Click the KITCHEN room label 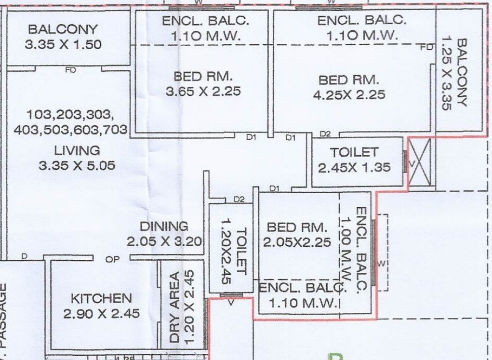pyautogui.click(x=101, y=298)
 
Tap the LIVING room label pyautogui.click(x=77, y=151)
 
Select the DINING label pyautogui.click(x=164, y=227)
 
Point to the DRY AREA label pyautogui.click(x=174, y=307)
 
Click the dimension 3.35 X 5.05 pyautogui.click(x=77, y=165)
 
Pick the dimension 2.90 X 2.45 pyautogui.click(x=101, y=314)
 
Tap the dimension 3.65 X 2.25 pyautogui.click(x=203, y=92)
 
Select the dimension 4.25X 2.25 pyautogui.click(x=349, y=94)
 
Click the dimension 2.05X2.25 pyautogui.click(x=297, y=242)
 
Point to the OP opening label pyautogui.click(x=112, y=260)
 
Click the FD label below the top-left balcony pyautogui.click(x=71, y=70)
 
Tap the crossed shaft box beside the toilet pyautogui.click(x=419, y=162)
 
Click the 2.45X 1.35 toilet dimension pyautogui.click(x=354, y=167)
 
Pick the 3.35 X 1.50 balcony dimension pyautogui.click(x=63, y=44)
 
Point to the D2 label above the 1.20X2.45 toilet pyautogui.click(x=239, y=200)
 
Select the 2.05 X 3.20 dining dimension pyautogui.click(x=164, y=241)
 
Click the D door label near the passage pyautogui.click(x=24, y=256)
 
